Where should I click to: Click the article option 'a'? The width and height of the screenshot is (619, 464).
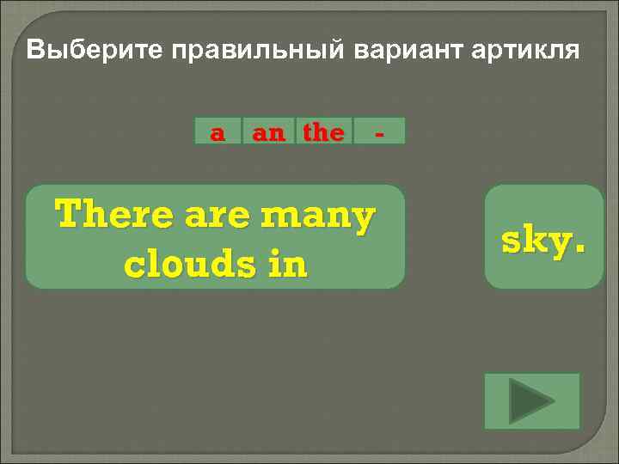pyautogui.click(x=218, y=132)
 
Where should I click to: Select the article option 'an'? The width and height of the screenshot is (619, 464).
pyautogui.click(x=267, y=132)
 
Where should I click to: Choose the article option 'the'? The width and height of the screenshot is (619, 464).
pyautogui.click(x=323, y=132)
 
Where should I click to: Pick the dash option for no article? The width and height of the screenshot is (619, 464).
pyautogui.click(x=379, y=133)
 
